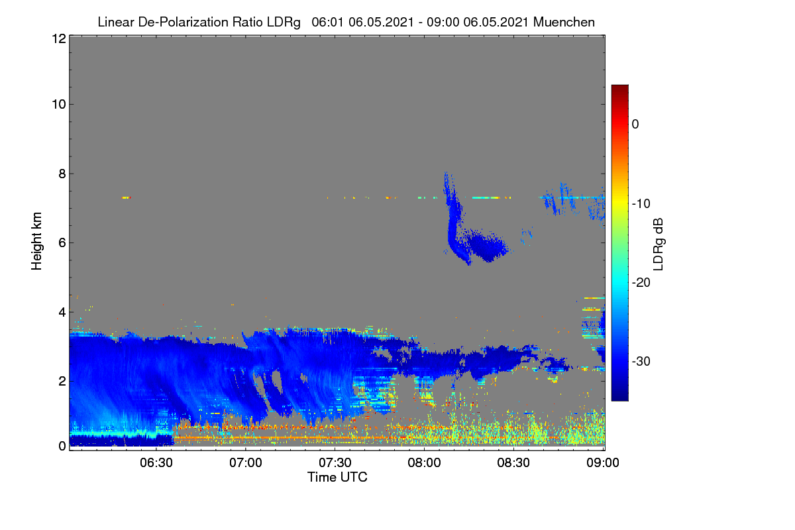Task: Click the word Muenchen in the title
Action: tap(564, 23)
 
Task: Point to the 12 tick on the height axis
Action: tap(59, 38)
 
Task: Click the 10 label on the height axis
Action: tap(59, 105)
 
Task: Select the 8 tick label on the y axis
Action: tap(62, 174)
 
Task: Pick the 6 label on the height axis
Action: tap(62, 243)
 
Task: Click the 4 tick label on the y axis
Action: tap(62, 313)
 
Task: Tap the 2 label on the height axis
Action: tap(62, 381)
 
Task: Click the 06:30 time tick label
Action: tap(156, 463)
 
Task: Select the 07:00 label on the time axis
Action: tap(246, 463)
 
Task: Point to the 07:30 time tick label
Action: tap(335, 463)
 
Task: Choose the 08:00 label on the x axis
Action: tap(424, 463)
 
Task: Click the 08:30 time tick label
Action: tap(513, 463)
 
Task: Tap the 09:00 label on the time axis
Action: tap(603, 463)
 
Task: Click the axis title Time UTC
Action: tap(337, 478)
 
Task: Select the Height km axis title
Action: tap(36, 241)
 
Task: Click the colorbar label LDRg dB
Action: tap(659, 244)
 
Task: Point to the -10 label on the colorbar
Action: tap(641, 204)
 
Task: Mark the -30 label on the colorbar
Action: tap(641, 361)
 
